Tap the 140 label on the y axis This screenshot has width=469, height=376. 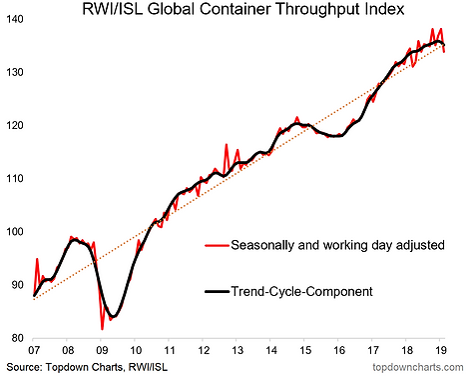point(15,19)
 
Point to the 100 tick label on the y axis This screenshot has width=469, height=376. point(15,232)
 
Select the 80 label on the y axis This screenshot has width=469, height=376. point(17,338)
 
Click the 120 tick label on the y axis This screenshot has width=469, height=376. point(15,126)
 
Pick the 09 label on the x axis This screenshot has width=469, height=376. point(102,350)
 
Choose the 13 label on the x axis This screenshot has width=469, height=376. point(236,350)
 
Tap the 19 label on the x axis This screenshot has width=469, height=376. point(440,350)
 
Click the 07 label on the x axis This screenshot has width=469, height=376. point(34,350)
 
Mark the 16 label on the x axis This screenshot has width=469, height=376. point(338,350)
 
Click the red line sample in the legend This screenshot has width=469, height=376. point(217,246)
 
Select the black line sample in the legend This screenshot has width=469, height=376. point(217,292)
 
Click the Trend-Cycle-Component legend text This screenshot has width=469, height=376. point(302,292)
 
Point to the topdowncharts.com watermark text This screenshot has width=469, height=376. point(418,367)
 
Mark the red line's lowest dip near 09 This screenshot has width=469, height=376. point(102,329)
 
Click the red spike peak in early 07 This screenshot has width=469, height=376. point(37,259)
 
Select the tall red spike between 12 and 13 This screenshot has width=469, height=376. point(227,144)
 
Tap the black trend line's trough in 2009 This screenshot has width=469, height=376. point(113,316)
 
